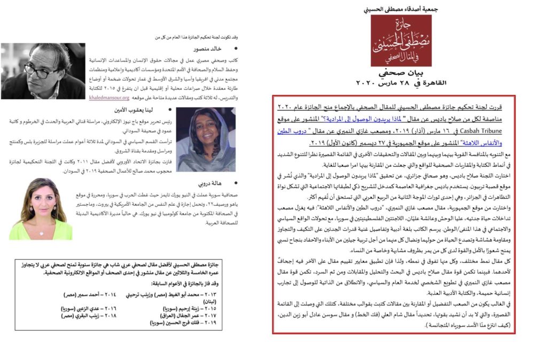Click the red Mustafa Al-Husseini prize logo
pyautogui.click(x=394, y=41)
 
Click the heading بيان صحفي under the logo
pyautogui.click(x=394, y=73)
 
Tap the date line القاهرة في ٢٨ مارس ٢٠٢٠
pyautogui.click(x=394, y=83)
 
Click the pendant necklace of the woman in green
pyautogui.click(x=41, y=231)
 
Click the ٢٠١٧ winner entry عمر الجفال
pyautogui.click(x=179, y=316)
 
